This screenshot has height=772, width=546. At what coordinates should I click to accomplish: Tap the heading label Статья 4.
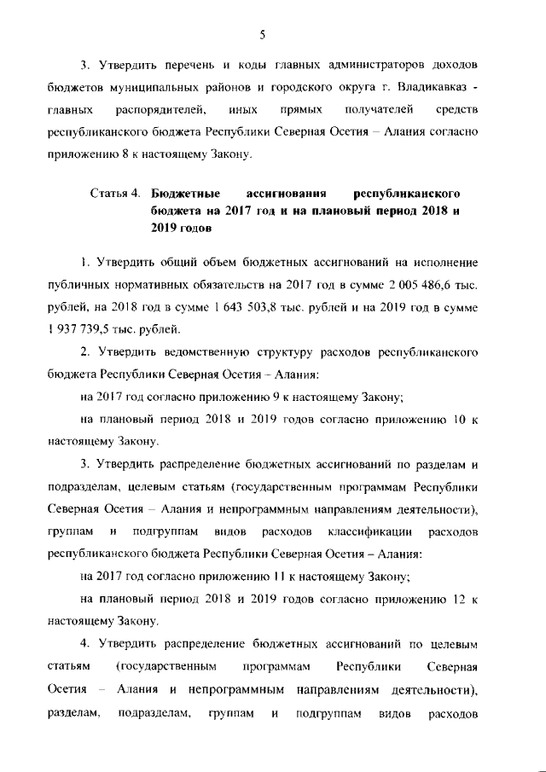coord(116,194)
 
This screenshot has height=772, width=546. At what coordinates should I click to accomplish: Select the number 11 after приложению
coord(268,575)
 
